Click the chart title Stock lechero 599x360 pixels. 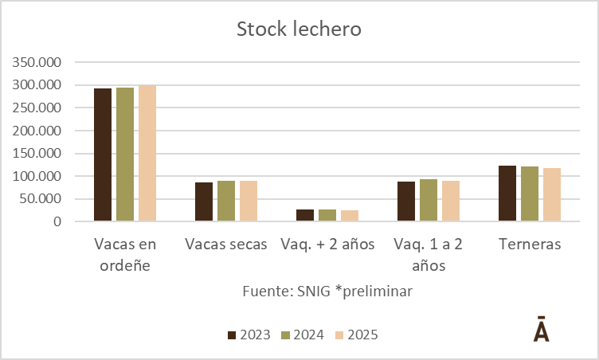[x=299, y=30]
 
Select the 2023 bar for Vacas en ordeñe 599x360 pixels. [x=103, y=155]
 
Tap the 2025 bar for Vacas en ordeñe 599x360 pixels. [x=147, y=153]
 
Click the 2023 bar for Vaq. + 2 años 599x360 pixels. [x=283, y=215]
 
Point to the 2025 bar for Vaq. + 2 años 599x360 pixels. [x=349, y=216]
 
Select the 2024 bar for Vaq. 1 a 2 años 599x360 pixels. [x=429, y=200]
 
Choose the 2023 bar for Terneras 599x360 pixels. [x=507, y=194]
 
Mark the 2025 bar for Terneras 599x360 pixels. [x=552, y=195]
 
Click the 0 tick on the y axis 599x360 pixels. [x=57, y=221]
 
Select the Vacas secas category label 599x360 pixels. [x=226, y=245]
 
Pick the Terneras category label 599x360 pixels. [x=530, y=245]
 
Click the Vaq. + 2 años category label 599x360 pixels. [x=327, y=245]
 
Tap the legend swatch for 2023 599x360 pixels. [x=233, y=335]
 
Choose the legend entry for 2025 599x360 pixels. [x=355, y=335]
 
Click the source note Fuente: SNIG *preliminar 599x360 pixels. [x=327, y=292]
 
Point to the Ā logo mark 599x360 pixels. [x=541, y=330]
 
